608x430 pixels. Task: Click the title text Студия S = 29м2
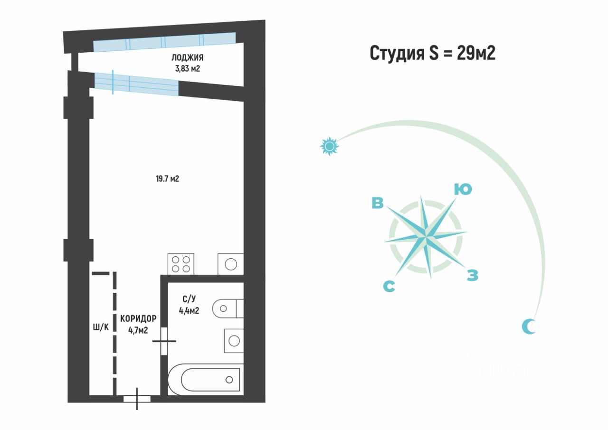pos(432,53)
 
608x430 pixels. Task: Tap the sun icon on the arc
pos(329,146)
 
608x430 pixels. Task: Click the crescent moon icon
pos(529,326)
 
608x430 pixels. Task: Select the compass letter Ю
pos(462,189)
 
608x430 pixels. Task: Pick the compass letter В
pos(378,203)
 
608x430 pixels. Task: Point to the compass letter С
pos(389,286)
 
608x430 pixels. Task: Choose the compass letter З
pos(472,275)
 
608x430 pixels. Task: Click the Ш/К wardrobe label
pos(101,327)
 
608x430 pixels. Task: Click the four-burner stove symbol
pos(181,264)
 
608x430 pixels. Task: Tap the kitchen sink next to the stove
pos(231,264)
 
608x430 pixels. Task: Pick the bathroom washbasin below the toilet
pos(234,340)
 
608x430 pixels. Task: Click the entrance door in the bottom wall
pos(137,399)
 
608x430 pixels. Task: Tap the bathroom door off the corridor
pos(164,341)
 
